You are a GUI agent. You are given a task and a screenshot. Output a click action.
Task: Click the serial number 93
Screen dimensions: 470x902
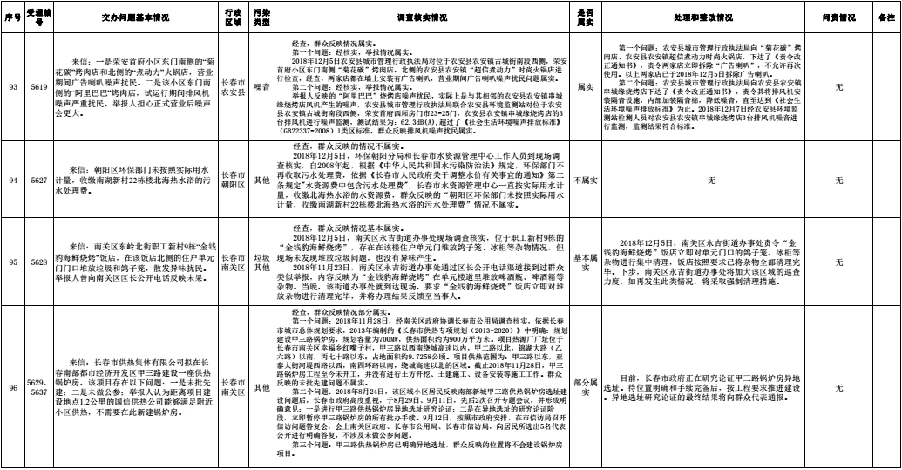12,88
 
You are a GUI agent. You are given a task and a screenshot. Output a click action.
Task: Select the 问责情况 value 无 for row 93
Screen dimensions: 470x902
838,88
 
